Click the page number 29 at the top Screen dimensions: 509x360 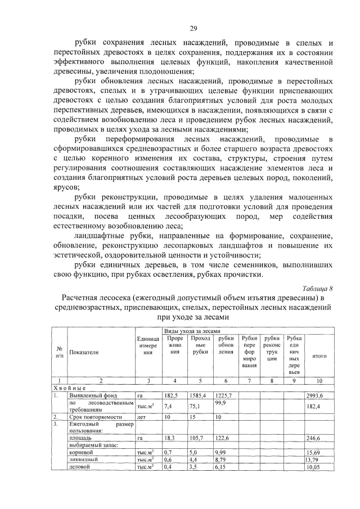click(193, 29)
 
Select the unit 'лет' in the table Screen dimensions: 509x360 click(142, 418)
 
